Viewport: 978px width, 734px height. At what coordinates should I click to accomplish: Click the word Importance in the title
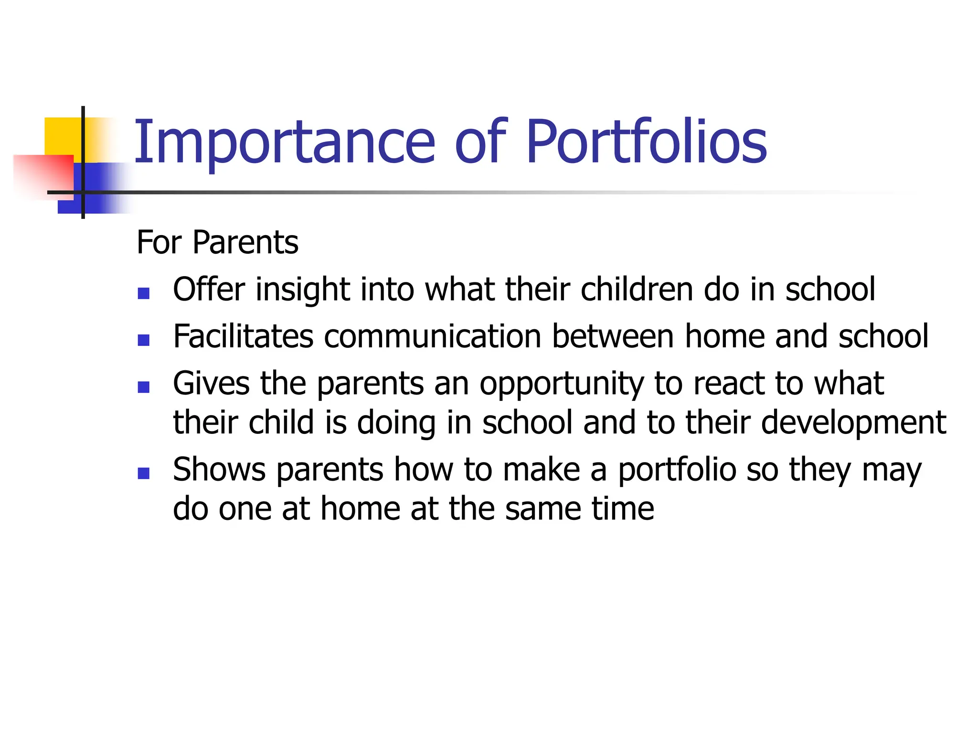285,142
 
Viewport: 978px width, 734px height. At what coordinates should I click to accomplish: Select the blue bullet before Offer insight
143,293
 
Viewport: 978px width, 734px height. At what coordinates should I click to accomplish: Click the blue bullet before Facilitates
143,340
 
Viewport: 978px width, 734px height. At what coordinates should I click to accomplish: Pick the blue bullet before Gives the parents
143,387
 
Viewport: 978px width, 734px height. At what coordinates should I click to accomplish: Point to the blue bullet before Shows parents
143,473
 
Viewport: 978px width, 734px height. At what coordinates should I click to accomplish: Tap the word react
729,384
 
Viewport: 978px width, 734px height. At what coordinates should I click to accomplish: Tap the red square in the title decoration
43,174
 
